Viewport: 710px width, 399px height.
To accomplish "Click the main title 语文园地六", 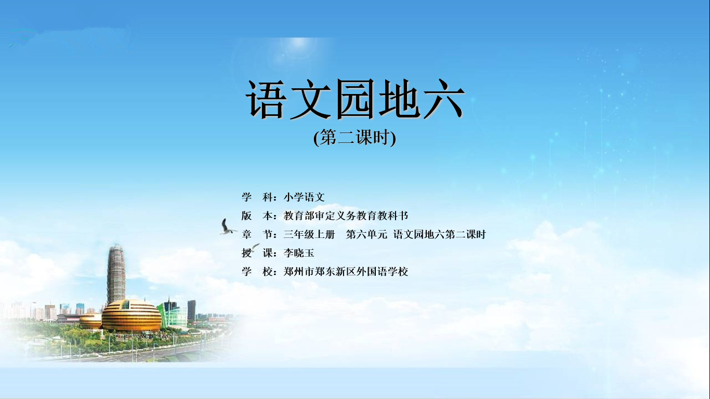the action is pyautogui.click(x=355, y=100).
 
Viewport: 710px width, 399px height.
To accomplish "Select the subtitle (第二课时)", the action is pyautogui.click(x=354, y=138).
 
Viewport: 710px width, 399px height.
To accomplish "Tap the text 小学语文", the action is pyautogui.click(x=304, y=197).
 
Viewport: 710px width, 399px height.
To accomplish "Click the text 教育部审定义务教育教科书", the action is pyautogui.click(x=346, y=216).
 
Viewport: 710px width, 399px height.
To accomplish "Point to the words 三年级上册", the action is pyautogui.click(x=309, y=234).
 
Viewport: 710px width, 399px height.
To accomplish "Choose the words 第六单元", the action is pyautogui.click(x=366, y=234).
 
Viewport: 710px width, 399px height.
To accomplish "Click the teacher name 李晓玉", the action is pyautogui.click(x=298, y=253).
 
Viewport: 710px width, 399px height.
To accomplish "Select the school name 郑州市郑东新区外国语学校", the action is pyautogui.click(x=346, y=272).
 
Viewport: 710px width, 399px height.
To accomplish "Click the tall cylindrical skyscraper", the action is pyautogui.click(x=116, y=273).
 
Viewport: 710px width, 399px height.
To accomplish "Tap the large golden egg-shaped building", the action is pyautogui.click(x=132, y=316).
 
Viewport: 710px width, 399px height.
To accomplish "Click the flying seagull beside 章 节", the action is pyautogui.click(x=227, y=227).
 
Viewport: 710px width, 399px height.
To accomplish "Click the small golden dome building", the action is pyautogui.click(x=90, y=321).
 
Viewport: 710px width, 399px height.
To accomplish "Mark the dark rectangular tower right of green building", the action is pyautogui.click(x=191, y=310).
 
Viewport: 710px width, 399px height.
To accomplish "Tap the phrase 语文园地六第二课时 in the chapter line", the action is pyautogui.click(x=439, y=234).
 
